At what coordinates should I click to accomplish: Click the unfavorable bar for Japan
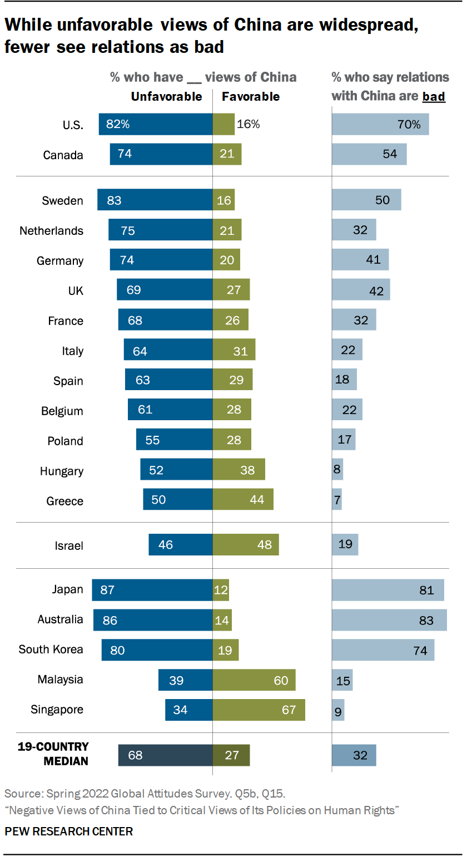point(152,590)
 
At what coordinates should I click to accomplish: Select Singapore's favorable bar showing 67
point(259,710)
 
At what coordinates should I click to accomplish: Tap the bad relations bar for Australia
point(389,620)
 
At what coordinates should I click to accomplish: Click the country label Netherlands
point(51,231)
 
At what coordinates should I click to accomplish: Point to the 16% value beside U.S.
point(248,125)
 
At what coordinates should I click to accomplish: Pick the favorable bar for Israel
point(245,544)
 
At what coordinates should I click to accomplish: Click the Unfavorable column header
point(166,97)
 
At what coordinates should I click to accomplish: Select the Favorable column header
point(251,97)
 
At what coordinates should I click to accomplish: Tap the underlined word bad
point(434,97)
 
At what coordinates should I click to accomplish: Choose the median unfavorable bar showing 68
point(165,755)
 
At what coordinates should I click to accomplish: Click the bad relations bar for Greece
point(337,500)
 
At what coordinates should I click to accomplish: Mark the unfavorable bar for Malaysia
point(185,680)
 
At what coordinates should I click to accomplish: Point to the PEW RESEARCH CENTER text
point(69,832)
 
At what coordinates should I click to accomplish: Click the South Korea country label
point(51,650)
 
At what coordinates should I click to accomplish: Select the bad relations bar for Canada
point(369,154)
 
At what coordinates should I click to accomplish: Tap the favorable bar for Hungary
point(239,470)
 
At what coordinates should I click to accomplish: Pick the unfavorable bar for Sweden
point(155,200)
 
